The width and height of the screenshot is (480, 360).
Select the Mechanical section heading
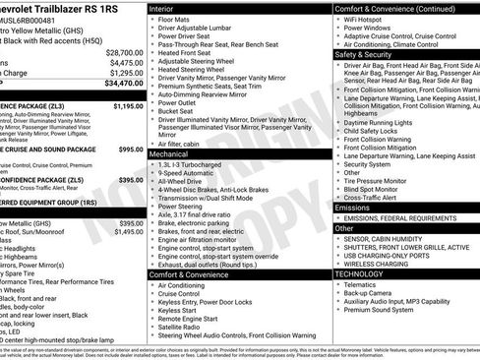(x=172, y=154)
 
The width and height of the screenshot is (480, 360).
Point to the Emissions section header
(x=353, y=208)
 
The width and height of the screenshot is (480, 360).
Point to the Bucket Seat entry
(x=176, y=111)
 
